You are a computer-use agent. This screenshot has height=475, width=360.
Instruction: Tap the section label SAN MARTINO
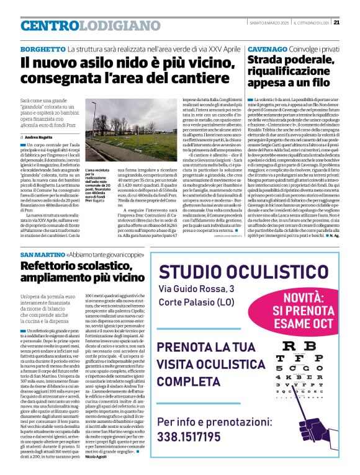coord(43,255)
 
